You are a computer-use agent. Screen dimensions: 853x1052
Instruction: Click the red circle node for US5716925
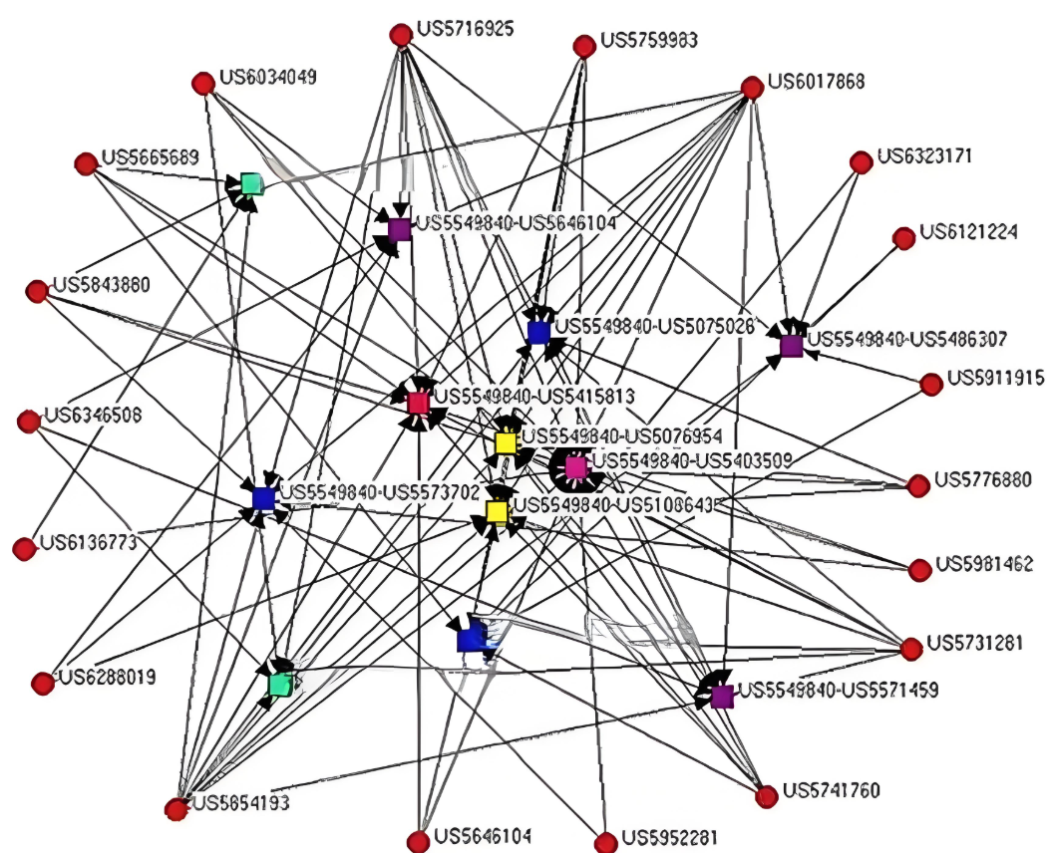(x=401, y=36)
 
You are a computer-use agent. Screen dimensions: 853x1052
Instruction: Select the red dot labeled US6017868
(x=753, y=89)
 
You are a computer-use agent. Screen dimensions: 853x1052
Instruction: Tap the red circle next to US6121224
(x=903, y=238)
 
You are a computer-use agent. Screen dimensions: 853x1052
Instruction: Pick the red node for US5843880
(x=37, y=291)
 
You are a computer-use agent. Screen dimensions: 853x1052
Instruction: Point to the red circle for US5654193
(x=176, y=809)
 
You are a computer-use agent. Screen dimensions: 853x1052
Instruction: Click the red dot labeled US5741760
(x=766, y=796)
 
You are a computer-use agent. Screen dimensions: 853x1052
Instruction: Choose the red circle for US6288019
(x=42, y=684)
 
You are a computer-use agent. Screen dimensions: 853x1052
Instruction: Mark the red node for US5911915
(x=931, y=384)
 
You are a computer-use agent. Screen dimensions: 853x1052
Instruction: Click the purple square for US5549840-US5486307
(x=791, y=346)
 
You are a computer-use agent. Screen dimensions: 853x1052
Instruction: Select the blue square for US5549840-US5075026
(x=538, y=332)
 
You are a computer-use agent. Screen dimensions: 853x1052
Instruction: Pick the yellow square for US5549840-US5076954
(x=506, y=441)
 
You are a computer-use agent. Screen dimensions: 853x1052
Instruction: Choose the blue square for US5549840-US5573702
(x=263, y=498)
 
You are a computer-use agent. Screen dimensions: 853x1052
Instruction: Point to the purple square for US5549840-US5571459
(x=722, y=696)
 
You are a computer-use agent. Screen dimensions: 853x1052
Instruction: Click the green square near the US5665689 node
(x=251, y=183)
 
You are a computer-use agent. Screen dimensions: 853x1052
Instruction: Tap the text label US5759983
(x=648, y=41)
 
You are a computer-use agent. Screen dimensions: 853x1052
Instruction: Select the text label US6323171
(x=924, y=156)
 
